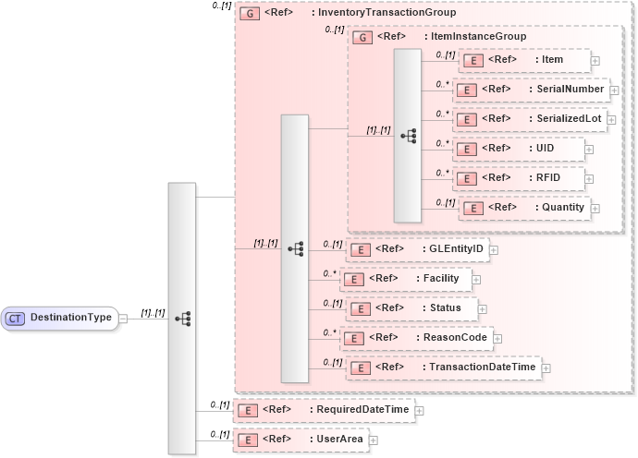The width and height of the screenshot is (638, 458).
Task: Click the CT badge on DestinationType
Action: tap(16, 319)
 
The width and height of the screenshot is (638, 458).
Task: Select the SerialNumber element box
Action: tap(531, 90)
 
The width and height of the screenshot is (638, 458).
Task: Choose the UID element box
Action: tap(519, 149)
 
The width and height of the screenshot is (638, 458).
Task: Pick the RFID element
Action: tap(521, 178)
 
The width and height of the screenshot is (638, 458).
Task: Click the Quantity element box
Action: tap(524, 208)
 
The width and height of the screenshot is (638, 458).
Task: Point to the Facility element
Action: tap(407, 278)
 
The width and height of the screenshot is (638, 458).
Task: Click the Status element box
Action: tap(410, 308)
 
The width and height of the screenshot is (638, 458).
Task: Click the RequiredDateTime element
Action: tap(324, 409)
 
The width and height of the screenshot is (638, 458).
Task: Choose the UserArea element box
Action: tap(300, 440)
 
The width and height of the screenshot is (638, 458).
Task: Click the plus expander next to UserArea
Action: tap(374, 440)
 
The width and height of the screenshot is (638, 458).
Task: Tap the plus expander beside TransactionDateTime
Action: tap(546, 368)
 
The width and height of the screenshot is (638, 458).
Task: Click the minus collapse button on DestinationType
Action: tap(124, 319)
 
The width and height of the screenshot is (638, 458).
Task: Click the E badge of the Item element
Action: tap(468, 60)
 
